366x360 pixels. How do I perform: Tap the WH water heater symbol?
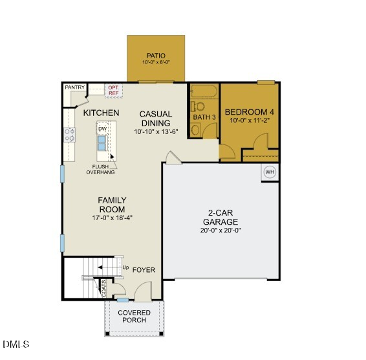tap(270, 172)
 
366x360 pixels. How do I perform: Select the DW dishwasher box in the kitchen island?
tap(102, 129)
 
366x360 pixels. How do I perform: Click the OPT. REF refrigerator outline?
tap(113, 91)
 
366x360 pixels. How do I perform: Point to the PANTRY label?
tap(75, 87)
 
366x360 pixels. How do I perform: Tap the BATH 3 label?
tap(204, 117)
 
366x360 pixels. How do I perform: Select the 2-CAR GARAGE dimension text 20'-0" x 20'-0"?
tap(222, 230)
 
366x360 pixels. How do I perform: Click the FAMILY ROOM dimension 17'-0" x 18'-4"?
tap(112, 217)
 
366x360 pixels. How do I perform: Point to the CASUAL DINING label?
tap(155, 118)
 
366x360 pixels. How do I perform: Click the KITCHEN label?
tap(101, 113)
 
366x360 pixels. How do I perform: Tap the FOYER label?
tap(144, 269)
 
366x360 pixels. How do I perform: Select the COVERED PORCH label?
tap(134, 317)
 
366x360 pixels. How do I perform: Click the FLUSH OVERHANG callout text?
tap(100, 170)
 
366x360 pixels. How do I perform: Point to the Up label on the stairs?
tap(125, 267)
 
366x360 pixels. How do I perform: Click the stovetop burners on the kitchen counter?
tap(69, 135)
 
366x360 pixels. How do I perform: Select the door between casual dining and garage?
tap(170, 158)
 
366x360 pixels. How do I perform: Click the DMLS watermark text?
tap(16, 344)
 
